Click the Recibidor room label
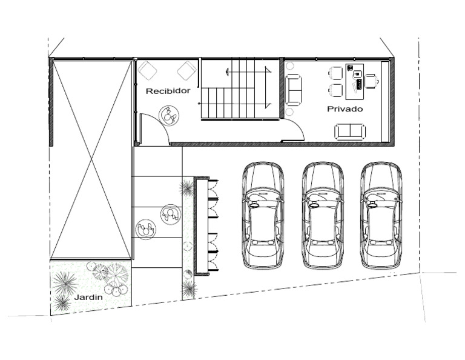point(168,91)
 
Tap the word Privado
point(345,109)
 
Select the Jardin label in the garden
point(88,297)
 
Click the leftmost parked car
point(263,216)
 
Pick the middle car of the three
point(323,216)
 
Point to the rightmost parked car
point(381,216)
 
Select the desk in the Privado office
point(355,81)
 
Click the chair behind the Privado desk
point(372,81)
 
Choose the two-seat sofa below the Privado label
point(350,132)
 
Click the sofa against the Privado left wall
point(294,90)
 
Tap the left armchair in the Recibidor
point(148,70)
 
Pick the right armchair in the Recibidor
point(187,71)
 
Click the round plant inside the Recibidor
point(170,116)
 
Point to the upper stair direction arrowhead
point(227,71)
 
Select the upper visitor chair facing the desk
point(335,73)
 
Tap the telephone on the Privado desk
point(350,67)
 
